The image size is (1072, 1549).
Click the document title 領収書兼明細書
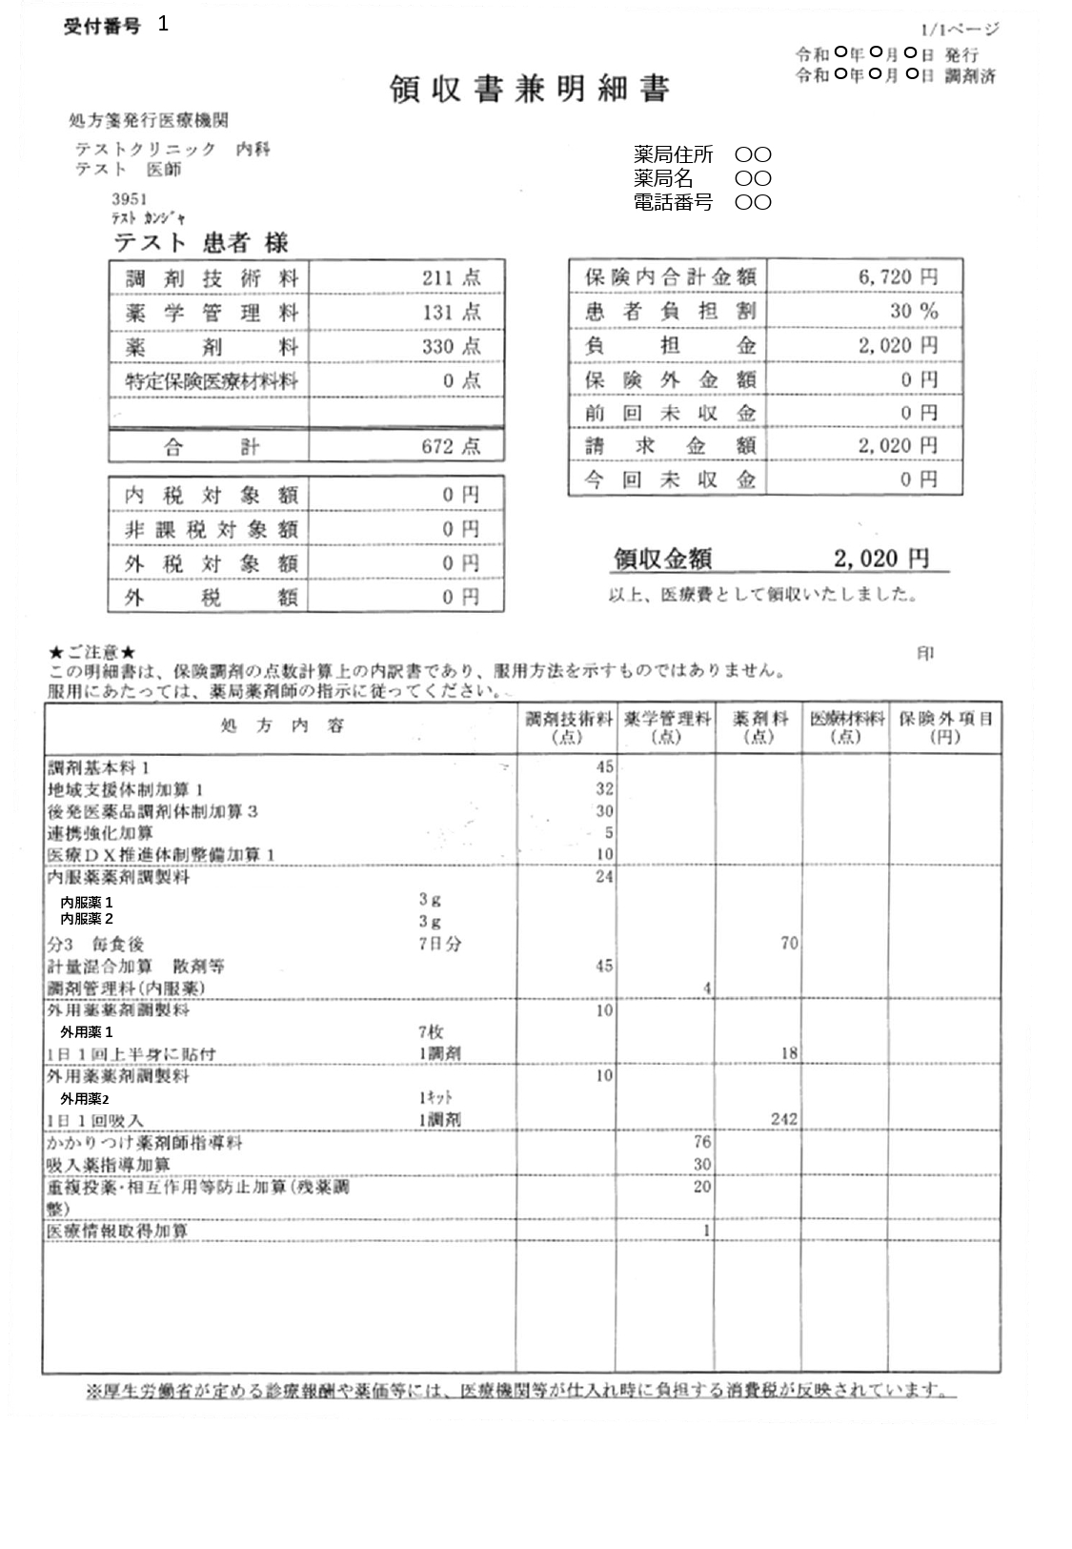(x=530, y=90)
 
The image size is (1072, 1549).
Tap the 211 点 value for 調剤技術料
(x=452, y=278)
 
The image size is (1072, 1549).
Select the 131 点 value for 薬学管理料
(x=452, y=313)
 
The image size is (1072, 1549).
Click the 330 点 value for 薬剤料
(x=452, y=346)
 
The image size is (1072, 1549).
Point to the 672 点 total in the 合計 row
(x=452, y=446)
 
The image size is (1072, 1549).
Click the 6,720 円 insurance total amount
(x=898, y=277)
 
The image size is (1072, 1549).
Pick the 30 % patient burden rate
(x=914, y=311)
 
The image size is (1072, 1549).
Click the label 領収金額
(x=662, y=560)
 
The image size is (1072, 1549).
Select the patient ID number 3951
(x=129, y=199)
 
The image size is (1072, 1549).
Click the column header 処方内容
(x=282, y=727)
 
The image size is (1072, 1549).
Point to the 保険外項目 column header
(x=945, y=727)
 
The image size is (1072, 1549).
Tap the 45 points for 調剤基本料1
(x=604, y=767)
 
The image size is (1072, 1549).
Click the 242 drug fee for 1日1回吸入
(x=783, y=1119)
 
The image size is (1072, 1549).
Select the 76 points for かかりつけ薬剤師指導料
(x=701, y=1142)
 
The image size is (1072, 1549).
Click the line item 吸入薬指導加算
(x=109, y=1165)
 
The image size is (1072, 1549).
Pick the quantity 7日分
(x=440, y=944)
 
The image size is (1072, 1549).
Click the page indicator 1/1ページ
(x=961, y=31)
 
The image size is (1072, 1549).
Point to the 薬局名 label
(x=663, y=178)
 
